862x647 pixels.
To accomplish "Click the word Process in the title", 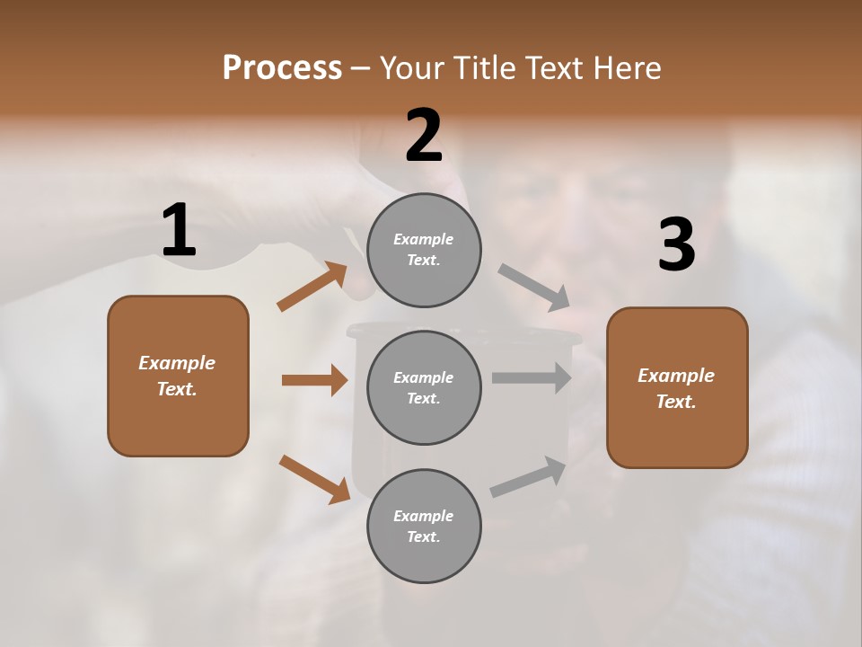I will pos(282,68).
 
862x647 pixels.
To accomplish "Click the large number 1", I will pos(179,231).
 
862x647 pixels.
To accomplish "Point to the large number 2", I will pos(424,136).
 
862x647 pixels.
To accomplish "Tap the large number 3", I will pos(676,245).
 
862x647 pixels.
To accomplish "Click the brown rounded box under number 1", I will pos(178,376).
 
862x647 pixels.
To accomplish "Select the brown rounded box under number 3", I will pos(677,388).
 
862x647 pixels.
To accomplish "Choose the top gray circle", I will pos(424,250).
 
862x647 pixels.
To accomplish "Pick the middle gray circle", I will pos(424,387).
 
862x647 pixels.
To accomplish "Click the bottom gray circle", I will pos(424,526).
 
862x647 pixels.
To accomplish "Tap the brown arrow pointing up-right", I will pos(312,287).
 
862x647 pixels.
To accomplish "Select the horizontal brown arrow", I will pos(314,380).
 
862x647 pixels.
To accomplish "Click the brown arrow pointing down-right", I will pos(314,478).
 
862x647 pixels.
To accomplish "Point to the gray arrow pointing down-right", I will pos(534,288).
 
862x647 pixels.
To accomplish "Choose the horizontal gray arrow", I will pos(532,377).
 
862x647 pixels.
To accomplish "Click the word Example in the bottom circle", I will pos(423,516).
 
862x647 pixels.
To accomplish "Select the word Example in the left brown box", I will pos(177,363).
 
